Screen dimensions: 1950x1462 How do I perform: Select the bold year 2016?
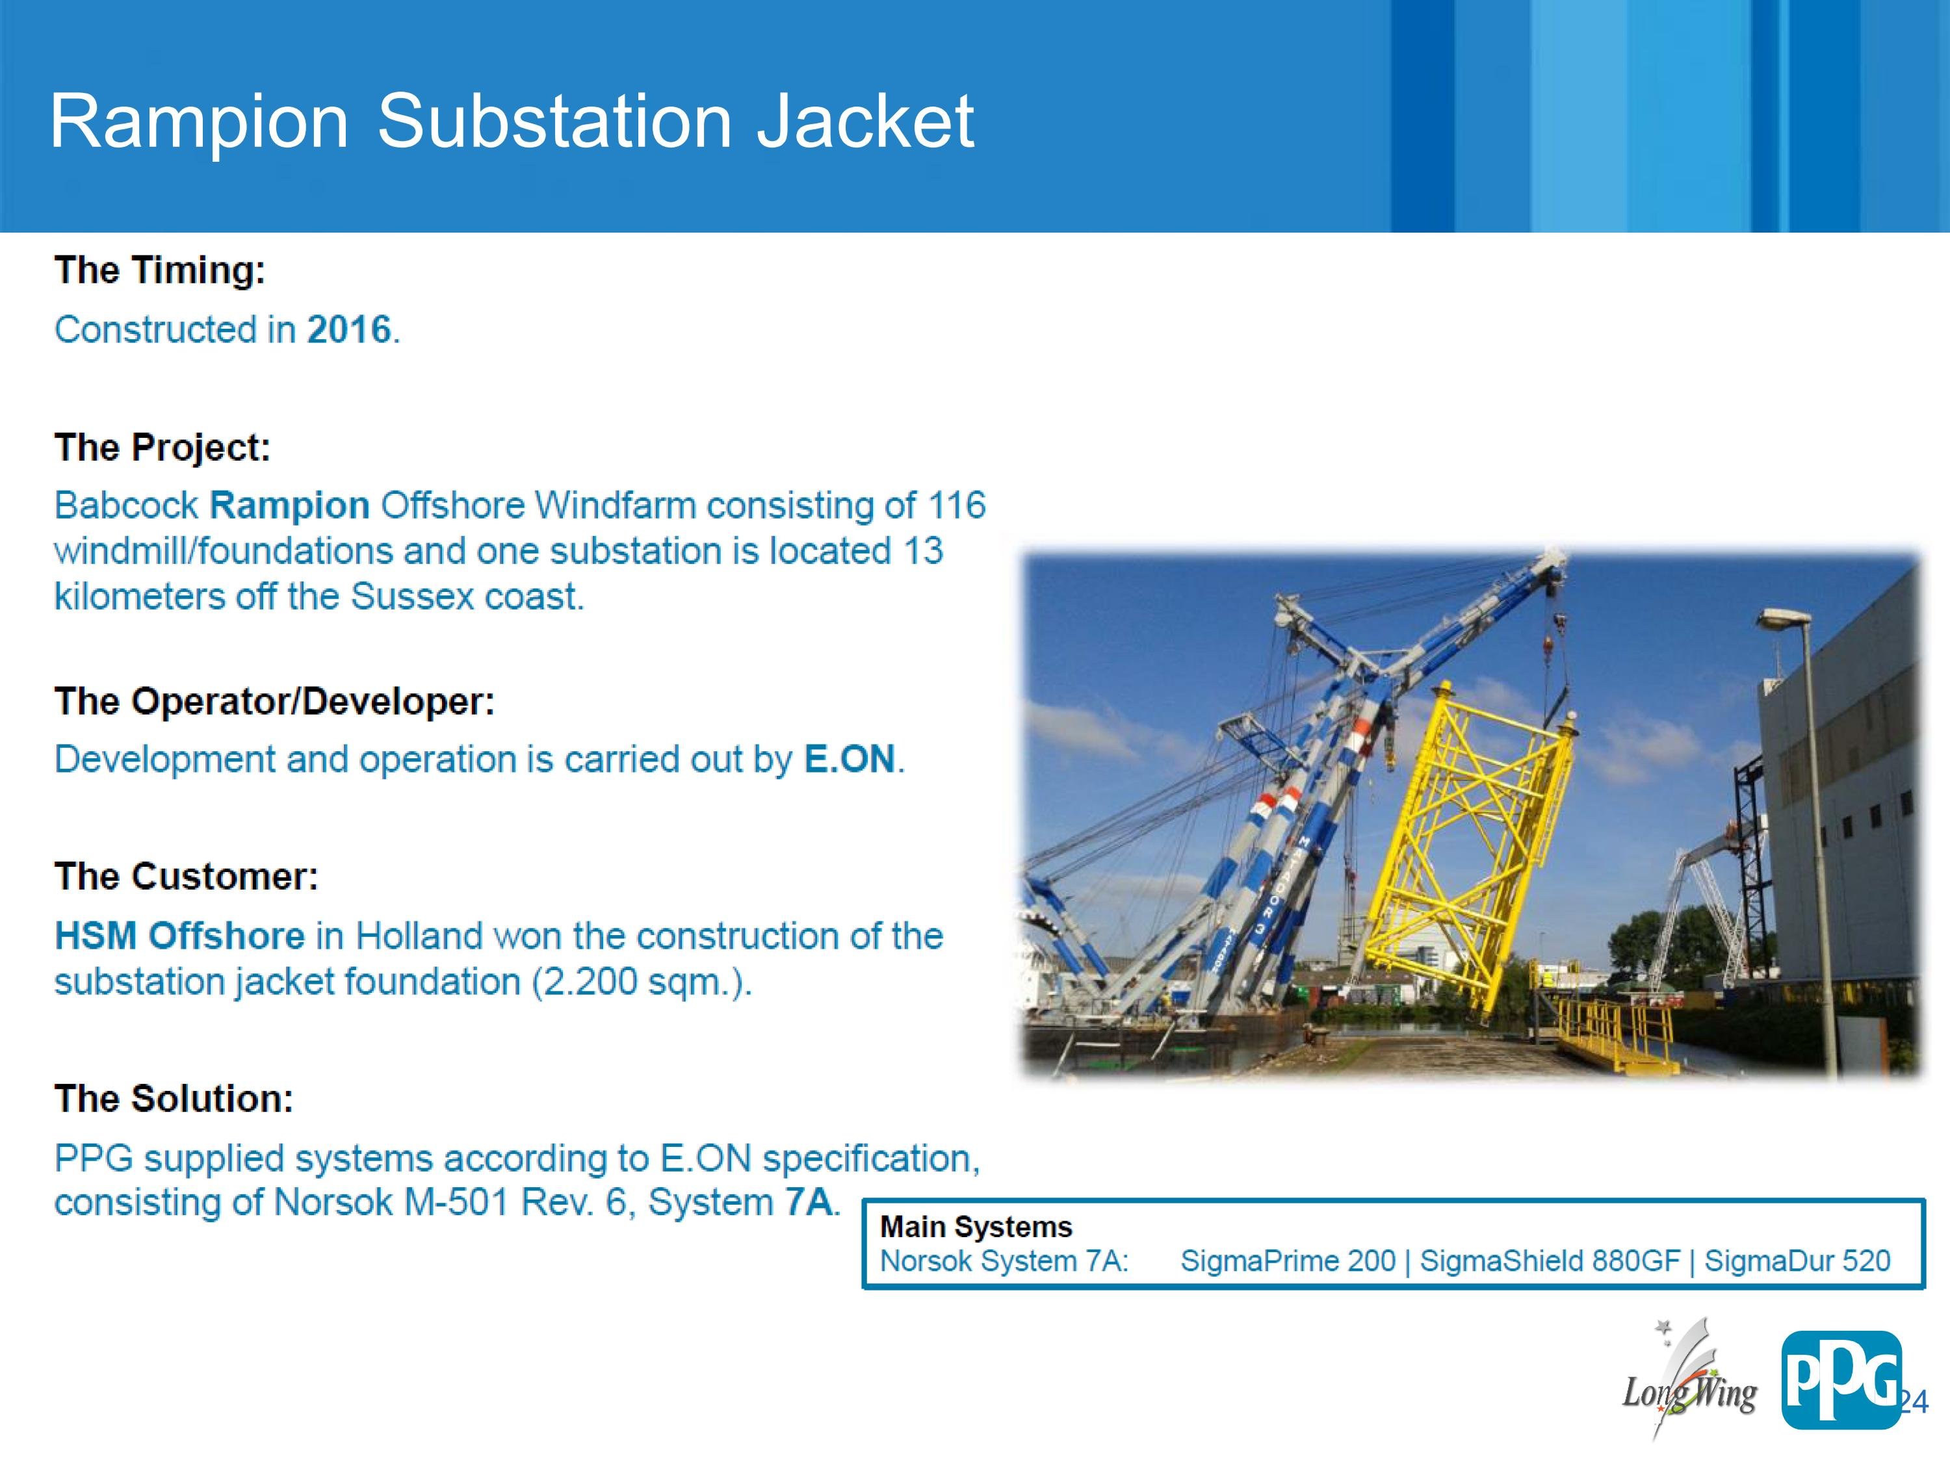348,329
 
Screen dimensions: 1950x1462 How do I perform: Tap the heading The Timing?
159,270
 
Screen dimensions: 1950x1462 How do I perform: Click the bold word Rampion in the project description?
289,505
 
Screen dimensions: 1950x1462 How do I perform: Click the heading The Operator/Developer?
274,702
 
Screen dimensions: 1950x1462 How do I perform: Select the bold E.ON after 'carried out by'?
850,759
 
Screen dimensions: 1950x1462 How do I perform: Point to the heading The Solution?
174,1099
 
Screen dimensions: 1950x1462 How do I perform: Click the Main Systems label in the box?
976,1227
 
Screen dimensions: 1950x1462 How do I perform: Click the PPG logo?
1841,1380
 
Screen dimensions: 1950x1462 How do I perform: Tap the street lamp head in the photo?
1784,619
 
